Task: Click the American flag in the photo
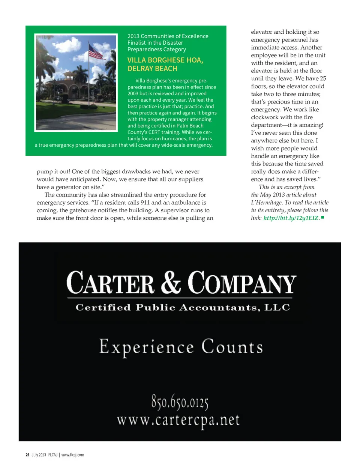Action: pos(96,52)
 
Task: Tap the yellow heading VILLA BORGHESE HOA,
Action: pos(165,60)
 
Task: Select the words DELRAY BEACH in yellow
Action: pos(152,69)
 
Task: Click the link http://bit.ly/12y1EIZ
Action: pos(291,218)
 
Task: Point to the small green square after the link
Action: pos(322,217)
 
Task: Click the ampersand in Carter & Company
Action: pos(171,282)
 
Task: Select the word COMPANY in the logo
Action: pos(242,283)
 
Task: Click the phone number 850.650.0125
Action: pos(180,402)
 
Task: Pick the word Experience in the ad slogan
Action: pos(147,347)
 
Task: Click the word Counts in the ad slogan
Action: pos(232,347)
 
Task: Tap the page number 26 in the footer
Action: pos(27,455)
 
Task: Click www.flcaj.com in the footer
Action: pos(73,455)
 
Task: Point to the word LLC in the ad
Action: pos(277,308)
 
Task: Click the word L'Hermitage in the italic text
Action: pos(267,203)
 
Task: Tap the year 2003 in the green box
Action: pos(133,93)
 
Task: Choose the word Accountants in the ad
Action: pos(219,308)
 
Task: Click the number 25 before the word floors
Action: pos(323,78)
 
